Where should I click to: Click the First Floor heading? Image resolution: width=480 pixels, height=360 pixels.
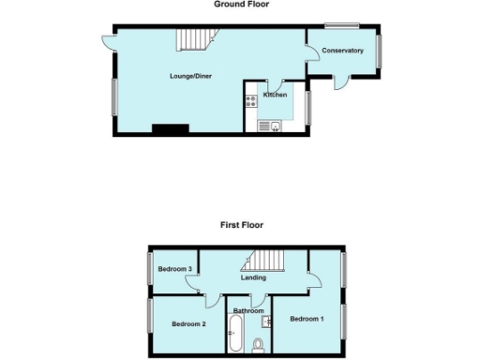click(x=242, y=225)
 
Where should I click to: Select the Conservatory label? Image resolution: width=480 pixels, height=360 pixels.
click(x=342, y=50)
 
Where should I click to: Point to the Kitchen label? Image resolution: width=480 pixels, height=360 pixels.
click(x=275, y=95)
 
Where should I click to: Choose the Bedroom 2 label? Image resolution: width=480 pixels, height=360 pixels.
click(x=187, y=324)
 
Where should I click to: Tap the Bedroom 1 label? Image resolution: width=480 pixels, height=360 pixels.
click(x=307, y=319)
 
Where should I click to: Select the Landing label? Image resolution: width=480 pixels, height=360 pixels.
click(x=253, y=277)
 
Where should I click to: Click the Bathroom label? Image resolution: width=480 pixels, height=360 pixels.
click(x=248, y=310)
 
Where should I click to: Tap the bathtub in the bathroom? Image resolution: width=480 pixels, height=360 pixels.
click(x=234, y=333)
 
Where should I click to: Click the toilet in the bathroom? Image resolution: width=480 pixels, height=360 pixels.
click(x=258, y=344)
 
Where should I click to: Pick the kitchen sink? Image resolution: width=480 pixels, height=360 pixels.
click(x=265, y=126)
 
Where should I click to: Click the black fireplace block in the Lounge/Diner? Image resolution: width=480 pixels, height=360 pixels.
click(x=171, y=129)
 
